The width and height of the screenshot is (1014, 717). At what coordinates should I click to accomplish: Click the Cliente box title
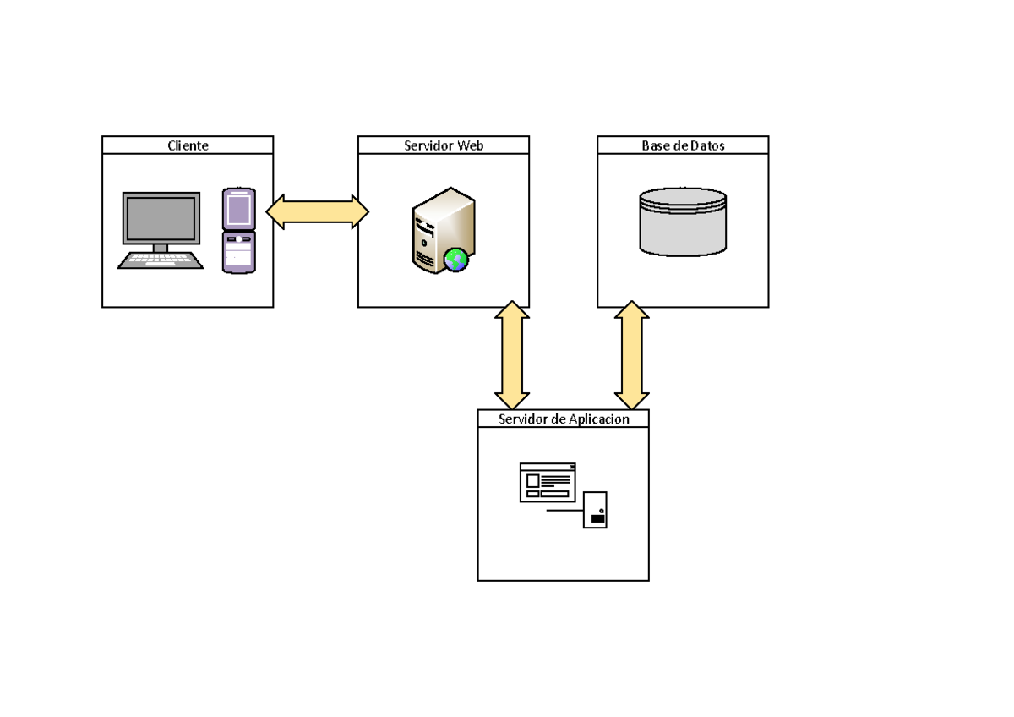[188, 145]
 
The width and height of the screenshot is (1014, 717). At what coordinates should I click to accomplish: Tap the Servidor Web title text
[444, 145]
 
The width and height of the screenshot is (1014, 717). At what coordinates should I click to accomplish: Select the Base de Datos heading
[683, 145]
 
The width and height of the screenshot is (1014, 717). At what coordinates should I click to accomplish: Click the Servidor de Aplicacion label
[564, 419]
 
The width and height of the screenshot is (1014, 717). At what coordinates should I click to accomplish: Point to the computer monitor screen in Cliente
[161, 218]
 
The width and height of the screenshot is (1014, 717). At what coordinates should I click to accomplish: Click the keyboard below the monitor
[161, 260]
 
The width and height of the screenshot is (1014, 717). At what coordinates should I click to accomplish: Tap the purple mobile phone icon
[239, 231]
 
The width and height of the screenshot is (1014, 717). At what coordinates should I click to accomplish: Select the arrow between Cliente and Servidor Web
[317, 211]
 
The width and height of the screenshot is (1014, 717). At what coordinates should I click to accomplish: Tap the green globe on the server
[456, 260]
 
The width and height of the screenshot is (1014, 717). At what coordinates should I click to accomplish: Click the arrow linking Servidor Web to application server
[512, 355]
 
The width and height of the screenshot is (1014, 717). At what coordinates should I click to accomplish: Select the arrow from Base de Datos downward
[631, 355]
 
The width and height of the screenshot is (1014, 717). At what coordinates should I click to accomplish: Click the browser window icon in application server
[548, 482]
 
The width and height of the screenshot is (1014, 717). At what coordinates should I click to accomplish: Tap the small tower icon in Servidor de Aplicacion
[595, 511]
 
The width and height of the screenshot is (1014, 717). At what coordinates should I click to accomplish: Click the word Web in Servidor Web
[470, 145]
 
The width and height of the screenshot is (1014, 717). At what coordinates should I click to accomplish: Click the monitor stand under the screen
[161, 248]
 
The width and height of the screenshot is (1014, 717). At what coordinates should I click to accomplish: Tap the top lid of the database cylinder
[683, 197]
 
